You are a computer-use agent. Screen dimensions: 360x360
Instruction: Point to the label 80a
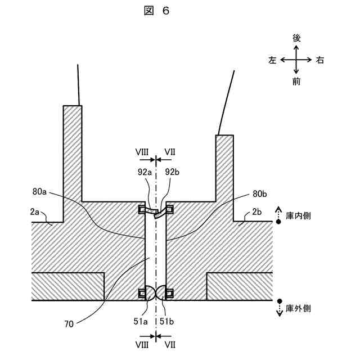(x=40, y=193)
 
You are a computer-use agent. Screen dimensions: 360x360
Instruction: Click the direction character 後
(x=296, y=38)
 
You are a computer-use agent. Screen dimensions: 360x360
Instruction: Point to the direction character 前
(x=296, y=82)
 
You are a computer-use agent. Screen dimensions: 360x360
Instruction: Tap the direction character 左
(x=273, y=60)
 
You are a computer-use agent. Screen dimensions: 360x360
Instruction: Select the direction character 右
(x=319, y=60)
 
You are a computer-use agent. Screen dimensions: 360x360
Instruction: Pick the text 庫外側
(x=298, y=308)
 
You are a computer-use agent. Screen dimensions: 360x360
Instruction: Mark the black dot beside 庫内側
(x=278, y=222)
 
